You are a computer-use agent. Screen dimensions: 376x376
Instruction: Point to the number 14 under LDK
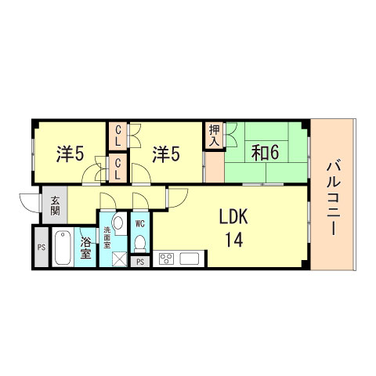[x=234, y=240]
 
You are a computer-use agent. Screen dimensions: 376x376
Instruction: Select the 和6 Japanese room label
[x=265, y=152]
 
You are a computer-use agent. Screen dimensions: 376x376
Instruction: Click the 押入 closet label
[x=214, y=135]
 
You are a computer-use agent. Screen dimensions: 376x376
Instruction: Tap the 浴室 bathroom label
[x=85, y=248]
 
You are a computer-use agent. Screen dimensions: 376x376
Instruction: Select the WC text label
[x=139, y=223]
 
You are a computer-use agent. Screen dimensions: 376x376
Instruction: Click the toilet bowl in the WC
[x=139, y=242]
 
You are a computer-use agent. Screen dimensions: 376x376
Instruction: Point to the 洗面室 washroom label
[x=107, y=236]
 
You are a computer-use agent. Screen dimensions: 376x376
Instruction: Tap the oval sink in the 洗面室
[x=117, y=225]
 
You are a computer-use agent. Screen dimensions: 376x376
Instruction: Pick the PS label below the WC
[x=139, y=262]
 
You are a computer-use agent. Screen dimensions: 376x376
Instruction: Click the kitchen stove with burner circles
[x=166, y=258]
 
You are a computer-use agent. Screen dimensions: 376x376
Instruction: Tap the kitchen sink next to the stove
[x=192, y=258]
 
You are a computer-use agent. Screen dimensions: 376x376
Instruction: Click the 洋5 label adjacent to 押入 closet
[x=166, y=153]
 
